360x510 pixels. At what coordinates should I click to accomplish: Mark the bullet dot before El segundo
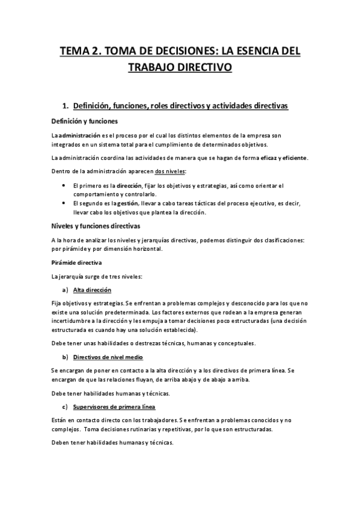point(64,203)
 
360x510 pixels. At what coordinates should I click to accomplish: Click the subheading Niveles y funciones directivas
point(96,226)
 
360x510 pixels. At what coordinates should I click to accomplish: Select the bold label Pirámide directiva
point(76,263)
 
